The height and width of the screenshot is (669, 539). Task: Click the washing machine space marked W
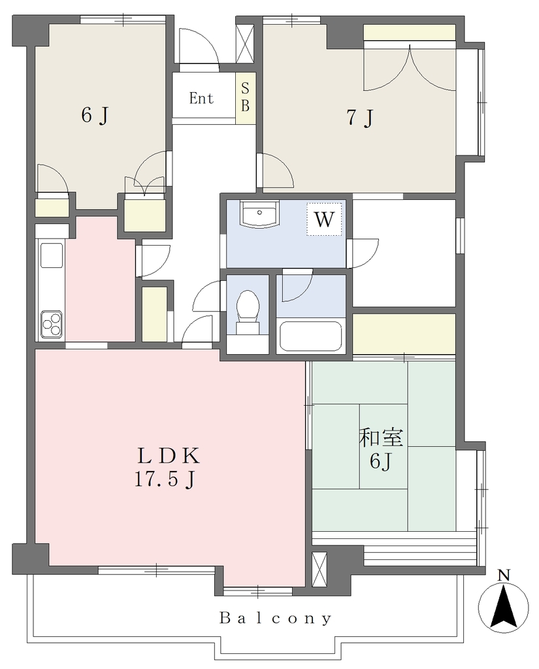pyautogui.click(x=324, y=219)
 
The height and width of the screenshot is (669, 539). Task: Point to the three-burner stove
pyautogui.click(x=51, y=323)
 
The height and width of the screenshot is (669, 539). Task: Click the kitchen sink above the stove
pyautogui.click(x=51, y=255)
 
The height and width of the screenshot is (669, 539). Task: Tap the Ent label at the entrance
pyautogui.click(x=201, y=99)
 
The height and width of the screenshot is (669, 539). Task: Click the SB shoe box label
pyautogui.click(x=245, y=98)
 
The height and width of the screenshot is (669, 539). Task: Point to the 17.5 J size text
pyautogui.click(x=165, y=480)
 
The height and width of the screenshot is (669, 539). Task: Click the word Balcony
pyautogui.click(x=275, y=618)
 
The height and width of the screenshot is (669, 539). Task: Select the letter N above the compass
pyautogui.click(x=504, y=576)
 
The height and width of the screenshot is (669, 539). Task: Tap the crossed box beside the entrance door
pyautogui.click(x=245, y=43)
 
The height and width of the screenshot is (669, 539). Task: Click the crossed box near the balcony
pyautogui.click(x=319, y=570)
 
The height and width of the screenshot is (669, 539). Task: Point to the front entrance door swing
pyautogui.click(x=199, y=47)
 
